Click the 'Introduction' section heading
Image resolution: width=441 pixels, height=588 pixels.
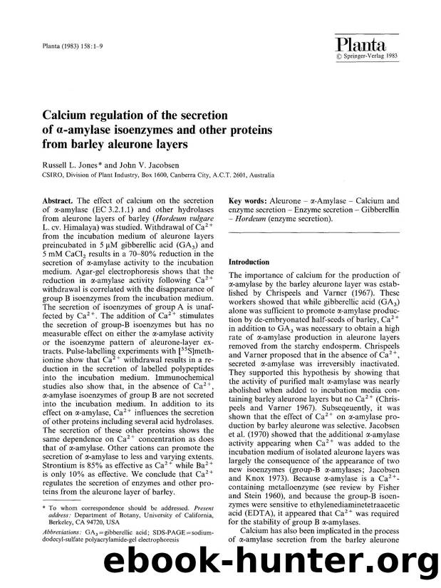coord(249,262)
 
